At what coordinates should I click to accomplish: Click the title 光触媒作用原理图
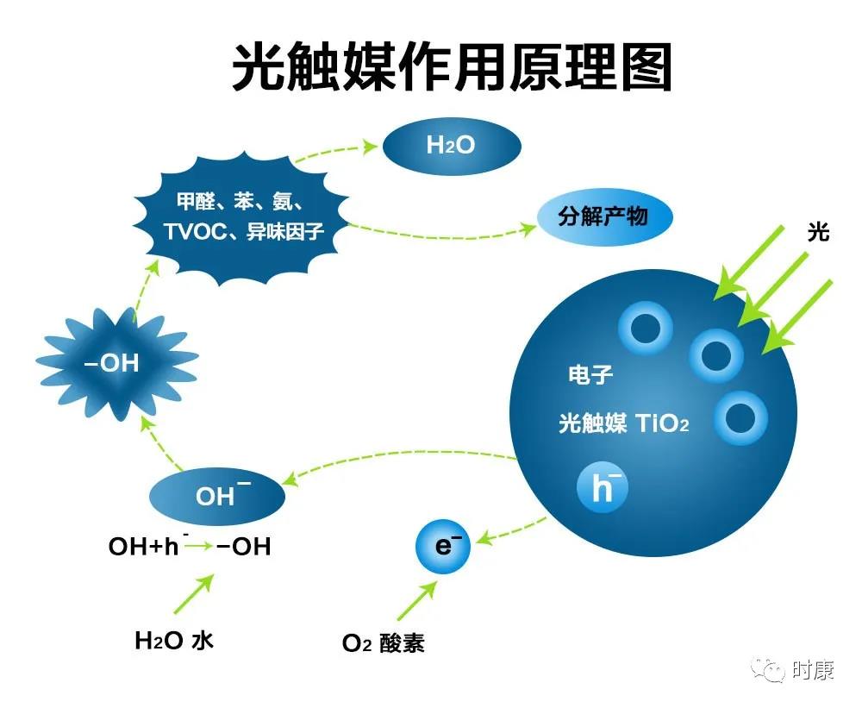point(452,67)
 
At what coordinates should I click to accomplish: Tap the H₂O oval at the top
point(452,146)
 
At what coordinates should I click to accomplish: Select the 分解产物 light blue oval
point(605,216)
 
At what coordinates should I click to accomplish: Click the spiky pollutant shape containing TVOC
point(242,220)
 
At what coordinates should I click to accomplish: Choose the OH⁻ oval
point(217,496)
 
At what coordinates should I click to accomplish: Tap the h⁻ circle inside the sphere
point(602,487)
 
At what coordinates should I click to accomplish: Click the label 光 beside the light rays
point(818,232)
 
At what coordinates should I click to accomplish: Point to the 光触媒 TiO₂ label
point(623,423)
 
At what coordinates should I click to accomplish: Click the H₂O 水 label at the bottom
point(174,641)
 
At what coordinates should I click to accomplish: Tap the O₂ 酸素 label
point(384,642)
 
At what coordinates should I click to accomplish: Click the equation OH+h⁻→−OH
point(190,546)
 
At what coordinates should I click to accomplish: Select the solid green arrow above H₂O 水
point(193,594)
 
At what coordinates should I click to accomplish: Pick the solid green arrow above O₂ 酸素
point(416,601)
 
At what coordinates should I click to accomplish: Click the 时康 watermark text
point(814,669)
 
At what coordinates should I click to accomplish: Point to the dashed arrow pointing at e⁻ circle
point(511,531)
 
